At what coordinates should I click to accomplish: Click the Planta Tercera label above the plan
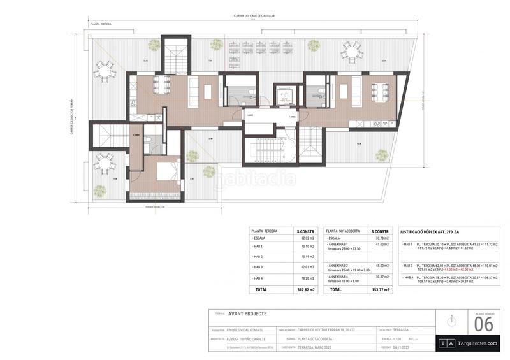pyautogui.click(x=101, y=24)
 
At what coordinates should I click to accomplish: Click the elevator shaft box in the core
pyautogui.click(x=284, y=96)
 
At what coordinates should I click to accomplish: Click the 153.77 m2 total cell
pyautogui.click(x=381, y=289)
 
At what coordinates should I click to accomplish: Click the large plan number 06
pyautogui.click(x=484, y=324)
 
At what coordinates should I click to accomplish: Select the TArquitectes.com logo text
pyautogui.click(x=474, y=343)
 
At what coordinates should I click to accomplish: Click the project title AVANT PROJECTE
pyautogui.click(x=247, y=313)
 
